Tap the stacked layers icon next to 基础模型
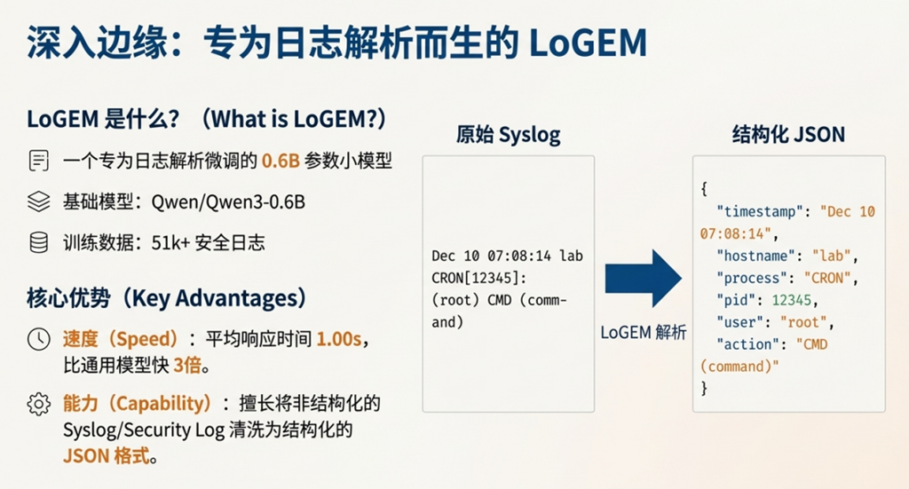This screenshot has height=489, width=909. [x=38, y=201]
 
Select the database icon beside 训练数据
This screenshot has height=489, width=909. [x=38, y=242]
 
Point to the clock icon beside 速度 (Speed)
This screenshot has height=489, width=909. [x=38, y=339]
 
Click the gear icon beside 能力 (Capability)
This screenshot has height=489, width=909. [x=38, y=404]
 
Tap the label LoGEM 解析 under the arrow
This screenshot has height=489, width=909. [x=643, y=333]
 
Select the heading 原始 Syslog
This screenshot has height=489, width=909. [x=508, y=135]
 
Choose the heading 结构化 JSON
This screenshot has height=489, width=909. [x=788, y=135]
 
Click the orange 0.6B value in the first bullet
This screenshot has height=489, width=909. [x=280, y=162]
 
